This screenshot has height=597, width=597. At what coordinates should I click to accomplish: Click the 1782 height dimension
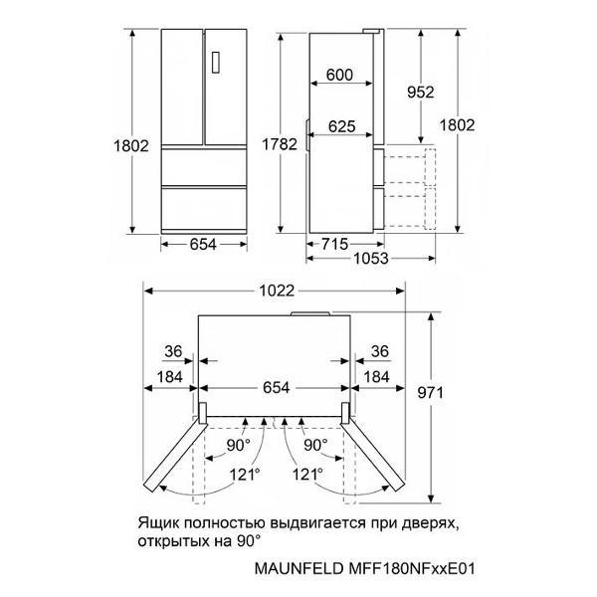280,144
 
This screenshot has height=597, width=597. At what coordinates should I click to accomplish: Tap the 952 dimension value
420,93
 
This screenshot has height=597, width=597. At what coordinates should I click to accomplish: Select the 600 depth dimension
339,75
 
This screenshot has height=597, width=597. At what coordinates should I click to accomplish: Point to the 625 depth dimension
342,126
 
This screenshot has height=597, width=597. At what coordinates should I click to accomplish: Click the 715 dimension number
335,244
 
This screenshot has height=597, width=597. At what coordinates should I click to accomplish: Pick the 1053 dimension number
371,259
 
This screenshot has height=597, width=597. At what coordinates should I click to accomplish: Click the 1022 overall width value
277,291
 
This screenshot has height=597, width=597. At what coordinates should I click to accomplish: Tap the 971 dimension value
431,393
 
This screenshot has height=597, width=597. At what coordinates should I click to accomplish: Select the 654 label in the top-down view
277,388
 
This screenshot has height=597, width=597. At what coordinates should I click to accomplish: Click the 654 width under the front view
203,244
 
